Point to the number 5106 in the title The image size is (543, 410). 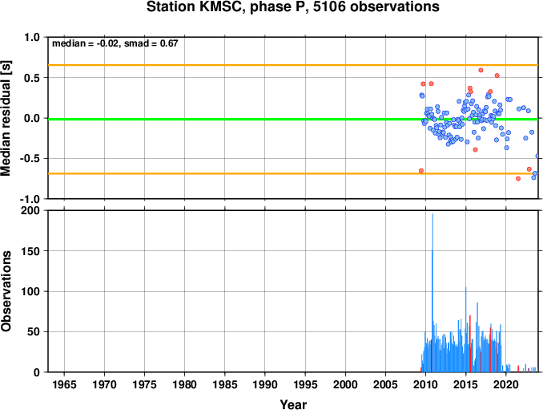(x=329, y=6)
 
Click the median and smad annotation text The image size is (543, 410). (x=115, y=43)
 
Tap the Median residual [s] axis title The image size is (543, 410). (x=6, y=118)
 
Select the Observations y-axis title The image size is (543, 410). (x=6, y=291)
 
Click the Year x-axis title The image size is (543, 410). (x=293, y=404)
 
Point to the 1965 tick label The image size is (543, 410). (x=64, y=384)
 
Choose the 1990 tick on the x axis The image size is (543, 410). (x=265, y=384)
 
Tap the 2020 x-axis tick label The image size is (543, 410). (x=506, y=384)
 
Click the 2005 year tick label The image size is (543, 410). (x=385, y=384)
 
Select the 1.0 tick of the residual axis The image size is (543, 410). (x=32, y=37)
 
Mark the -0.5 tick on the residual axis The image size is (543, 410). (x=29, y=159)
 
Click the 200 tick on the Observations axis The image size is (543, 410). (x=30, y=210)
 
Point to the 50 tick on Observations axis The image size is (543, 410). (x=34, y=331)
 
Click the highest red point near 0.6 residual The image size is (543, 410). (x=481, y=70)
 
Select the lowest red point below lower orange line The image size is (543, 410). (x=518, y=179)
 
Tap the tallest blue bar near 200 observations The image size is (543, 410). (x=432, y=293)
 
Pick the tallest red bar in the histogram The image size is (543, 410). (x=470, y=343)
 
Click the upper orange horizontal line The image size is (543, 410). (x=293, y=65)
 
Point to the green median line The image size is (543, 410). (x=293, y=120)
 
